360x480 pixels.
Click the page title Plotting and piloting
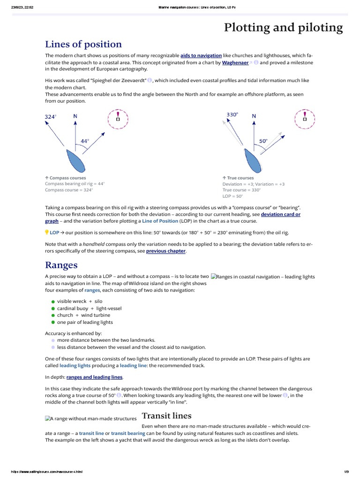(283, 28)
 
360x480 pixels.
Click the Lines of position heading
(83, 45)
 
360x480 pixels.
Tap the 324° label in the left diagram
(50, 117)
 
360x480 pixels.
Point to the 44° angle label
(85, 140)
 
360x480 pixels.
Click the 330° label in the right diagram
(232, 114)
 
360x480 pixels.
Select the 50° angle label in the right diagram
(263, 141)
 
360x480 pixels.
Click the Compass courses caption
(66, 178)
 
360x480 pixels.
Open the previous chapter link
(166, 251)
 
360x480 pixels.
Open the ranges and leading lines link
(94, 377)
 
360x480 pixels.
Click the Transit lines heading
(166, 416)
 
